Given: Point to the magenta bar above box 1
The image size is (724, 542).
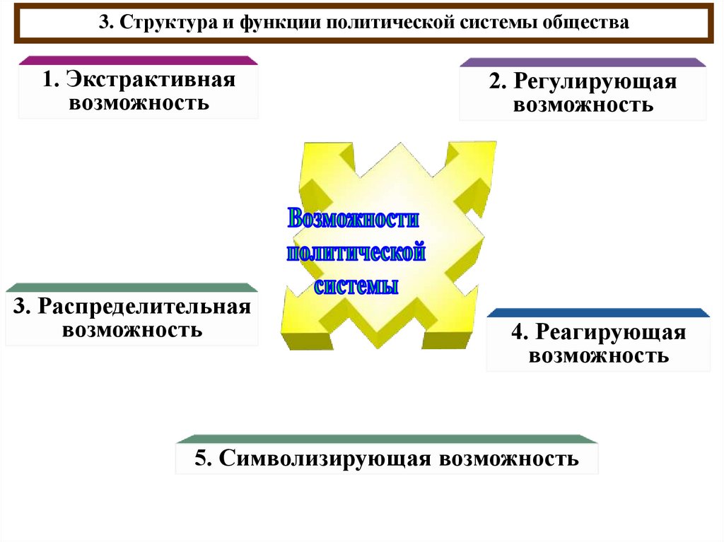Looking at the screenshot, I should [x=137, y=61].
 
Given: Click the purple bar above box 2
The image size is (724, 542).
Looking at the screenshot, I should [x=583, y=62].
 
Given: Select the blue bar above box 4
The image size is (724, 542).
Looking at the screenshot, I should [x=598, y=312].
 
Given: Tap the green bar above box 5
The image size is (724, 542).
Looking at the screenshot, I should [x=386, y=438].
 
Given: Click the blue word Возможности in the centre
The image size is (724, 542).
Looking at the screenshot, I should [x=354, y=218].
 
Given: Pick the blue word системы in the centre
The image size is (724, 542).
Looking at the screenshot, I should [x=356, y=286].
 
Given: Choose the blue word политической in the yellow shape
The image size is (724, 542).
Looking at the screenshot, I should [x=356, y=252].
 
